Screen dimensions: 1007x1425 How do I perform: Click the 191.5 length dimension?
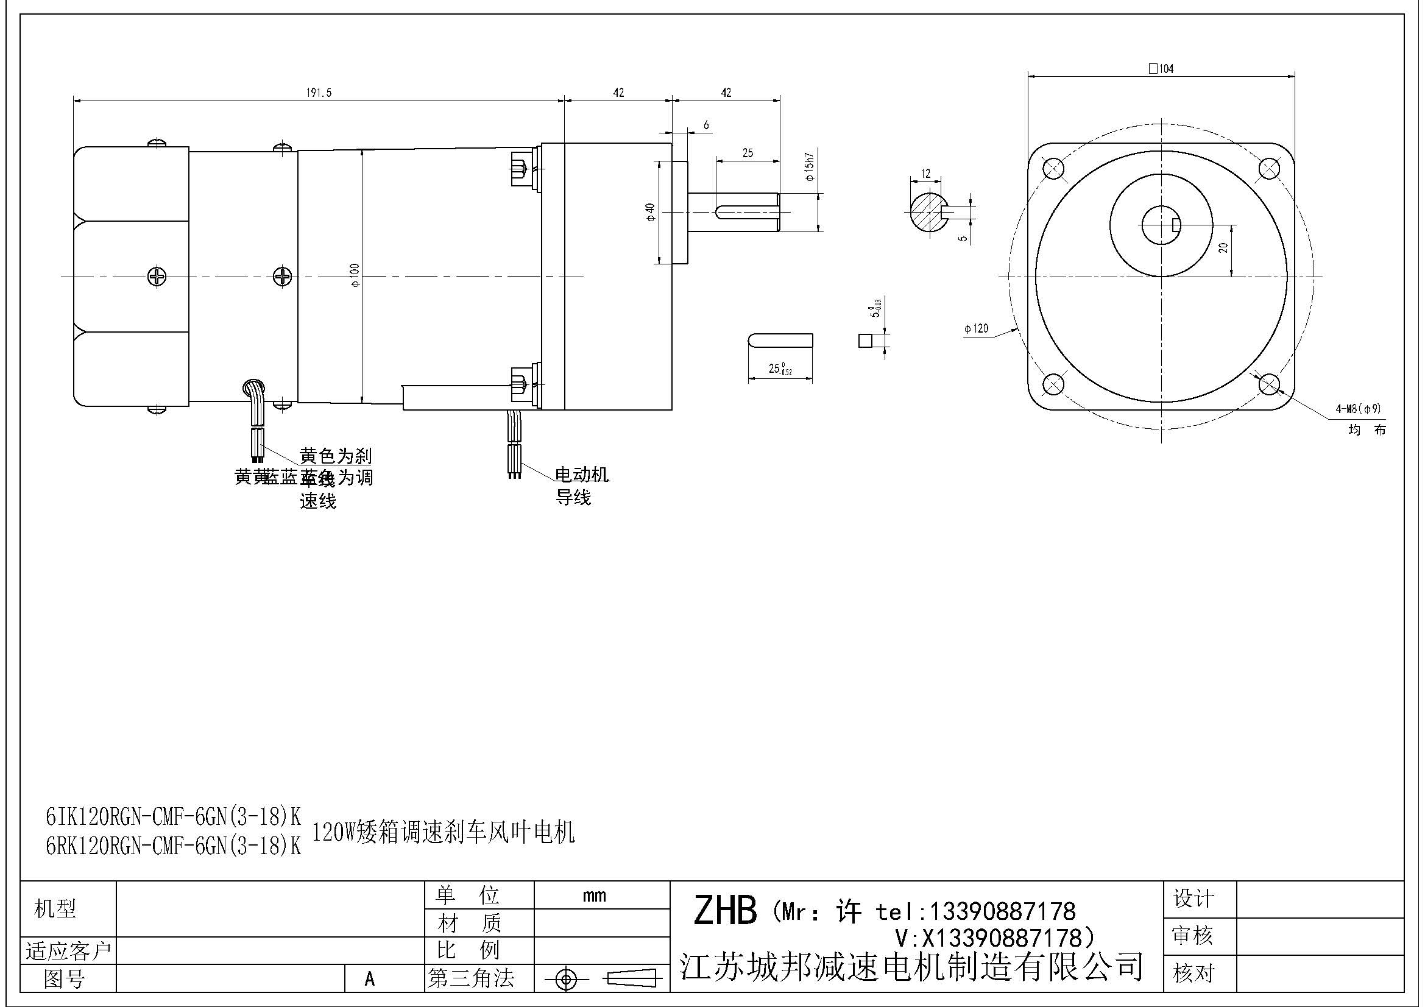[319, 93]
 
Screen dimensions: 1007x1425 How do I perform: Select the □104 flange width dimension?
[1161, 69]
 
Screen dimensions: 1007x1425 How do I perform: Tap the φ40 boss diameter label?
[651, 212]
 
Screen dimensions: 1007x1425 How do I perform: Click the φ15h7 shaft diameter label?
[809, 166]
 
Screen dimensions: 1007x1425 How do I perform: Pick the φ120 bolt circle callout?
[976, 328]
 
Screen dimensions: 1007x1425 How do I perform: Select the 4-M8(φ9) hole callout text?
[1358, 409]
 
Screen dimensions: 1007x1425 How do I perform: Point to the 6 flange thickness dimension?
[706, 125]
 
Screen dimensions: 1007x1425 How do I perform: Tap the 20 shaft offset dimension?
[1223, 247]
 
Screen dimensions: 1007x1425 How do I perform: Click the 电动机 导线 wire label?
[581, 486]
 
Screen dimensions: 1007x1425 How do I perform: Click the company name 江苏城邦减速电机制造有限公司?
[911, 967]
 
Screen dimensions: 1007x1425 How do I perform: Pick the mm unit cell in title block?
[594, 896]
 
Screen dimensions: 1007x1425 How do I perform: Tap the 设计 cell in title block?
[1193, 899]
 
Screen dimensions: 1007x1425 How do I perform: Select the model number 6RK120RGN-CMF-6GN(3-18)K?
[173, 846]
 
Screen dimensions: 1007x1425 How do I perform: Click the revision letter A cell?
[370, 979]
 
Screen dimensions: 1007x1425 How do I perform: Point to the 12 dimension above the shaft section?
[925, 174]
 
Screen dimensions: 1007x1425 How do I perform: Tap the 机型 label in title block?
[55, 909]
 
